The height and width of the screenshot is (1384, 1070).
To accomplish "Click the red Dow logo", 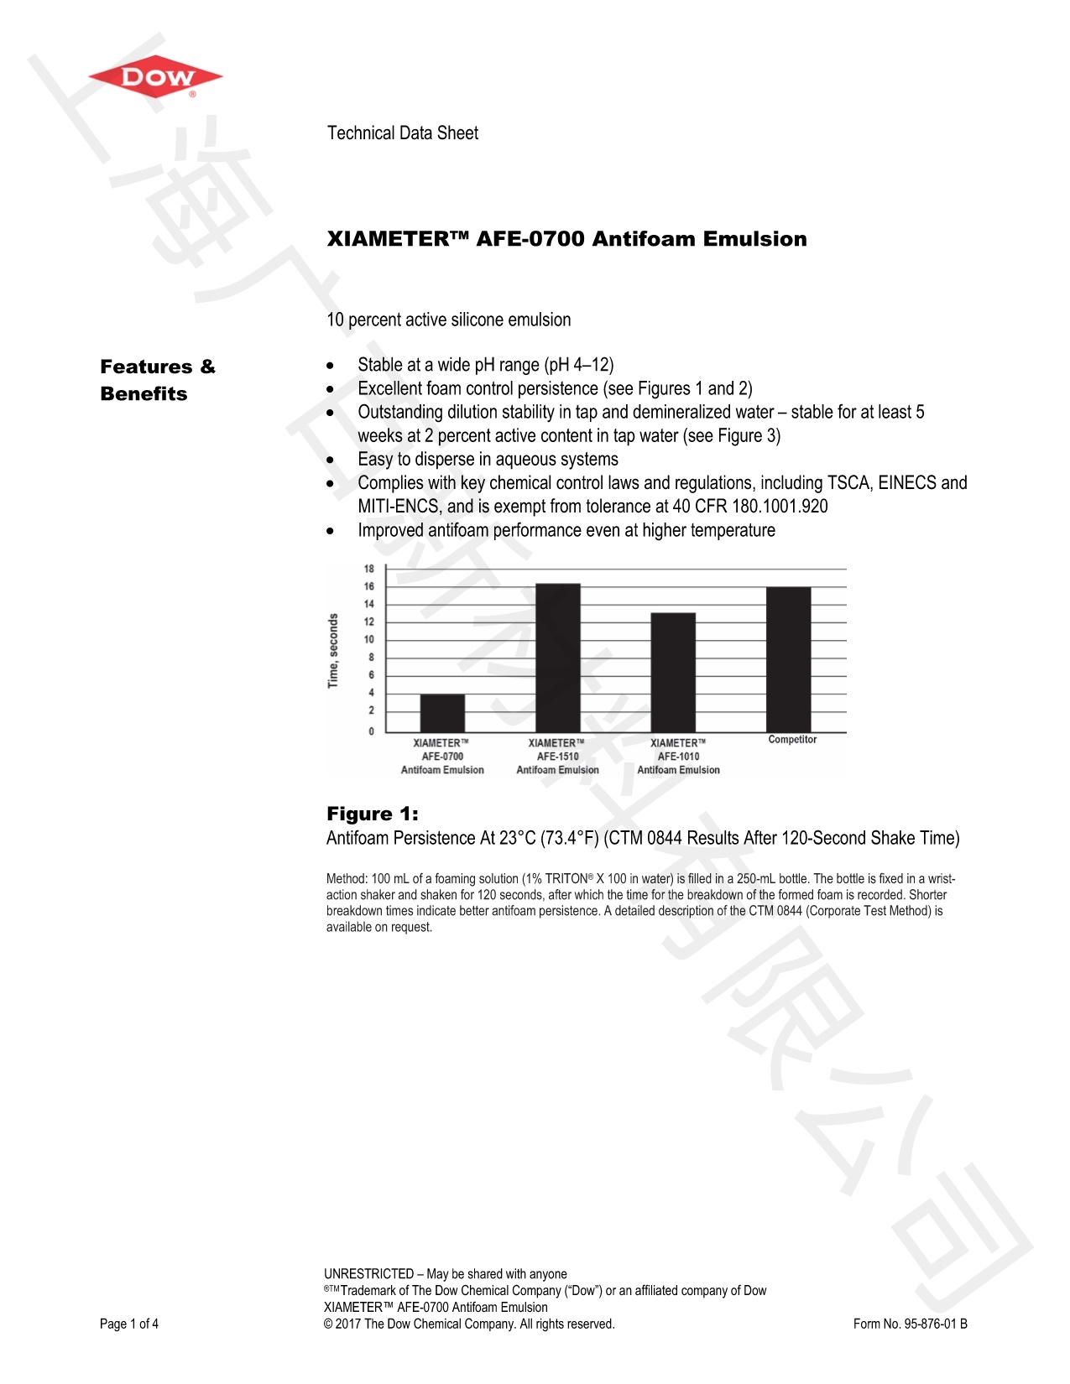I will [156, 79].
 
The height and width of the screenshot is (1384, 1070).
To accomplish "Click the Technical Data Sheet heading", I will [402, 133].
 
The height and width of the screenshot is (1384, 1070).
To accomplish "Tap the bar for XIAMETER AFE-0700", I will [442, 713].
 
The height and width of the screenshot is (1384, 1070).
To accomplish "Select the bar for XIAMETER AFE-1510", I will [557, 658].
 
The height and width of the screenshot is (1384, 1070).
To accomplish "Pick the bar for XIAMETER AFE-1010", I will [673, 673].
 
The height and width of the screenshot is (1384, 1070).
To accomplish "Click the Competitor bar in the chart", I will [788, 659].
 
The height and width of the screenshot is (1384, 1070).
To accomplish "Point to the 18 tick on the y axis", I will [369, 569].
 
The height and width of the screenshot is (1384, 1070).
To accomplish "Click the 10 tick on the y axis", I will [369, 639].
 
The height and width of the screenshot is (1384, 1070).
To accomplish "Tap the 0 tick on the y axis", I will [371, 731].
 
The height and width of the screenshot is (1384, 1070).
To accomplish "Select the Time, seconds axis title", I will [333, 651].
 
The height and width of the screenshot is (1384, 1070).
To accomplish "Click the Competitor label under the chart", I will [792, 740].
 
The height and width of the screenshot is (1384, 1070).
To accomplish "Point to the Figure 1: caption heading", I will [372, 814].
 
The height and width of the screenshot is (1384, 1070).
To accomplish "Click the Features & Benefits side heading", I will [157, 380].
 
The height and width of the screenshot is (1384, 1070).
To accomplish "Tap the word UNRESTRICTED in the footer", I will [368, 1274].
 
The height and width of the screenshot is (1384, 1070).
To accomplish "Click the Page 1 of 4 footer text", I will [129, 1324].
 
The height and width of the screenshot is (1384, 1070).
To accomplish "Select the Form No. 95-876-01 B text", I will [910, 1324].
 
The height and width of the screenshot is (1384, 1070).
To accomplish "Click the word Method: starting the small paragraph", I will [347, 879].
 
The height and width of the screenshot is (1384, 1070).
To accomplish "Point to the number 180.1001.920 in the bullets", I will [780, 507].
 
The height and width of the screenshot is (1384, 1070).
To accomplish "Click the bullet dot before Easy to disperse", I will [331, 460].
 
